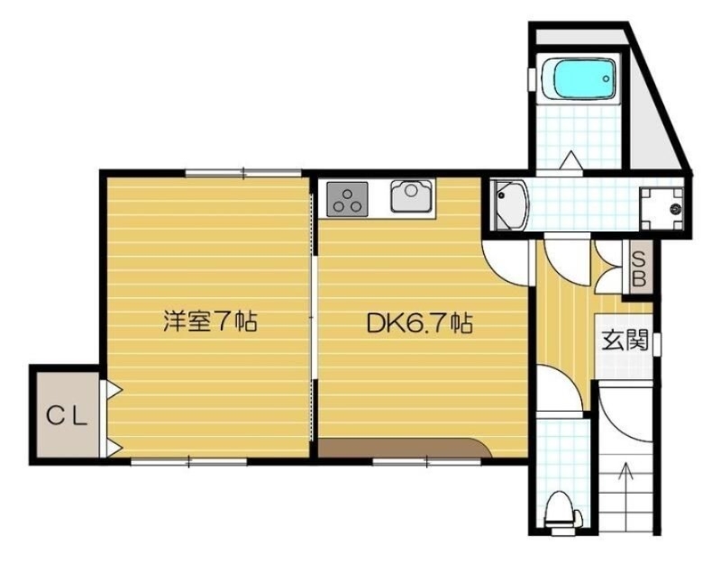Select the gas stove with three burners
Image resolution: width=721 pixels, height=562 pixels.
click(x=347, y=197)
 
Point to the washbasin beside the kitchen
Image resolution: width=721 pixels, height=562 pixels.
click(x=510, y=204)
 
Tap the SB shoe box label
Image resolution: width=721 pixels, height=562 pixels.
click(x=638, y=268)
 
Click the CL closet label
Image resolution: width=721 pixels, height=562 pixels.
click(x=68, y=415)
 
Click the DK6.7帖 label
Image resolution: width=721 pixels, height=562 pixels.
click(x=420, y=322)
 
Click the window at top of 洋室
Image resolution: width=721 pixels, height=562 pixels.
click(x=243, y=171)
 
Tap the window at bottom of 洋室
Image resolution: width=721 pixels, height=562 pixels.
click(x=189, y=461)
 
